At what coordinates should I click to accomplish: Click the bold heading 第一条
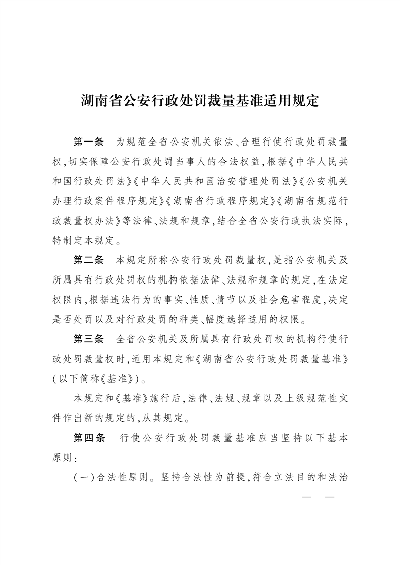(88, 142)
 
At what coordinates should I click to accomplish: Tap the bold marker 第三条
(88, 339)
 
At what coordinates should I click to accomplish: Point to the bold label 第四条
(88, 438)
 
